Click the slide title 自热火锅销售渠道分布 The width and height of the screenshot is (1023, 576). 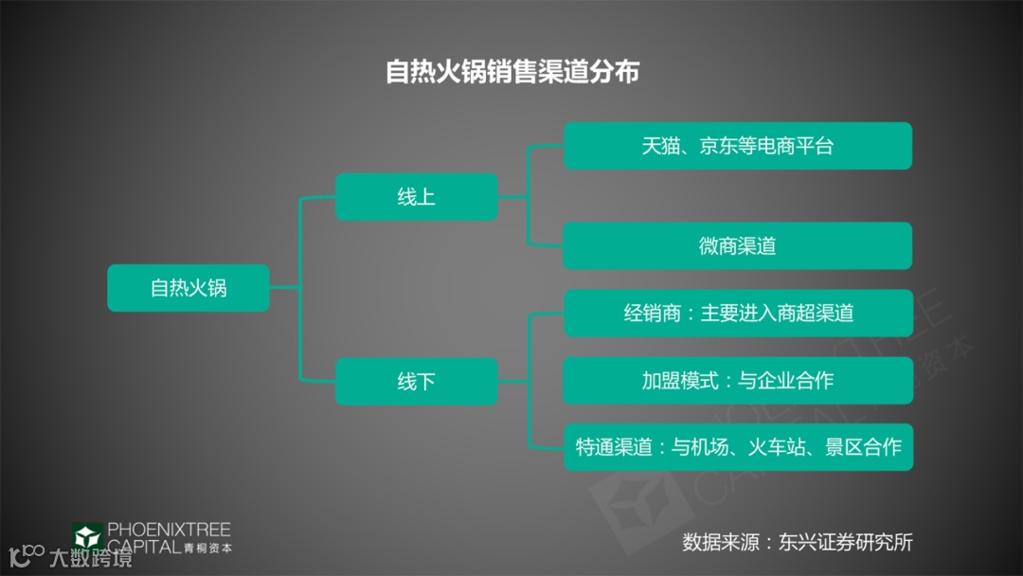(511, 72)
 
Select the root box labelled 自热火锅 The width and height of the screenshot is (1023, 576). (188, 288)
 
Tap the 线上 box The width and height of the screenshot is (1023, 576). (416, 197)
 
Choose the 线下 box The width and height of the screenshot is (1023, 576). (416, 382)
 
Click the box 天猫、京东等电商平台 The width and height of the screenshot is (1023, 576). (737, 146)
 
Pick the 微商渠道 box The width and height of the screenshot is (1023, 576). (737, 246)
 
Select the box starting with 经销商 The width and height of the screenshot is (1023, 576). (737, 314)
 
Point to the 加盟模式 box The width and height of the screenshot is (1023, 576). (737, 381)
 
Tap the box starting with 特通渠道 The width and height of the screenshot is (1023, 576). (737, 447)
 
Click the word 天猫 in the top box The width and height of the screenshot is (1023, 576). (660, 146)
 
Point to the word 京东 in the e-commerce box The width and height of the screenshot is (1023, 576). (718, 146)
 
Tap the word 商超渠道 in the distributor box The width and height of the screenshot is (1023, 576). (815, 314)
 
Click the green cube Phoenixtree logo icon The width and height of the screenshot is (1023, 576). (87, 536)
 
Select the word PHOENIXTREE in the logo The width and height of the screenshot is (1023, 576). (169, 530)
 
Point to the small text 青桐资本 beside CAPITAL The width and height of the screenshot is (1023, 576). (208, 547)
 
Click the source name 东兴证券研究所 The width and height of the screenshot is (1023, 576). (846, 543)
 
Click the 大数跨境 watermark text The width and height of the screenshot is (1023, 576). (91, 558)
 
